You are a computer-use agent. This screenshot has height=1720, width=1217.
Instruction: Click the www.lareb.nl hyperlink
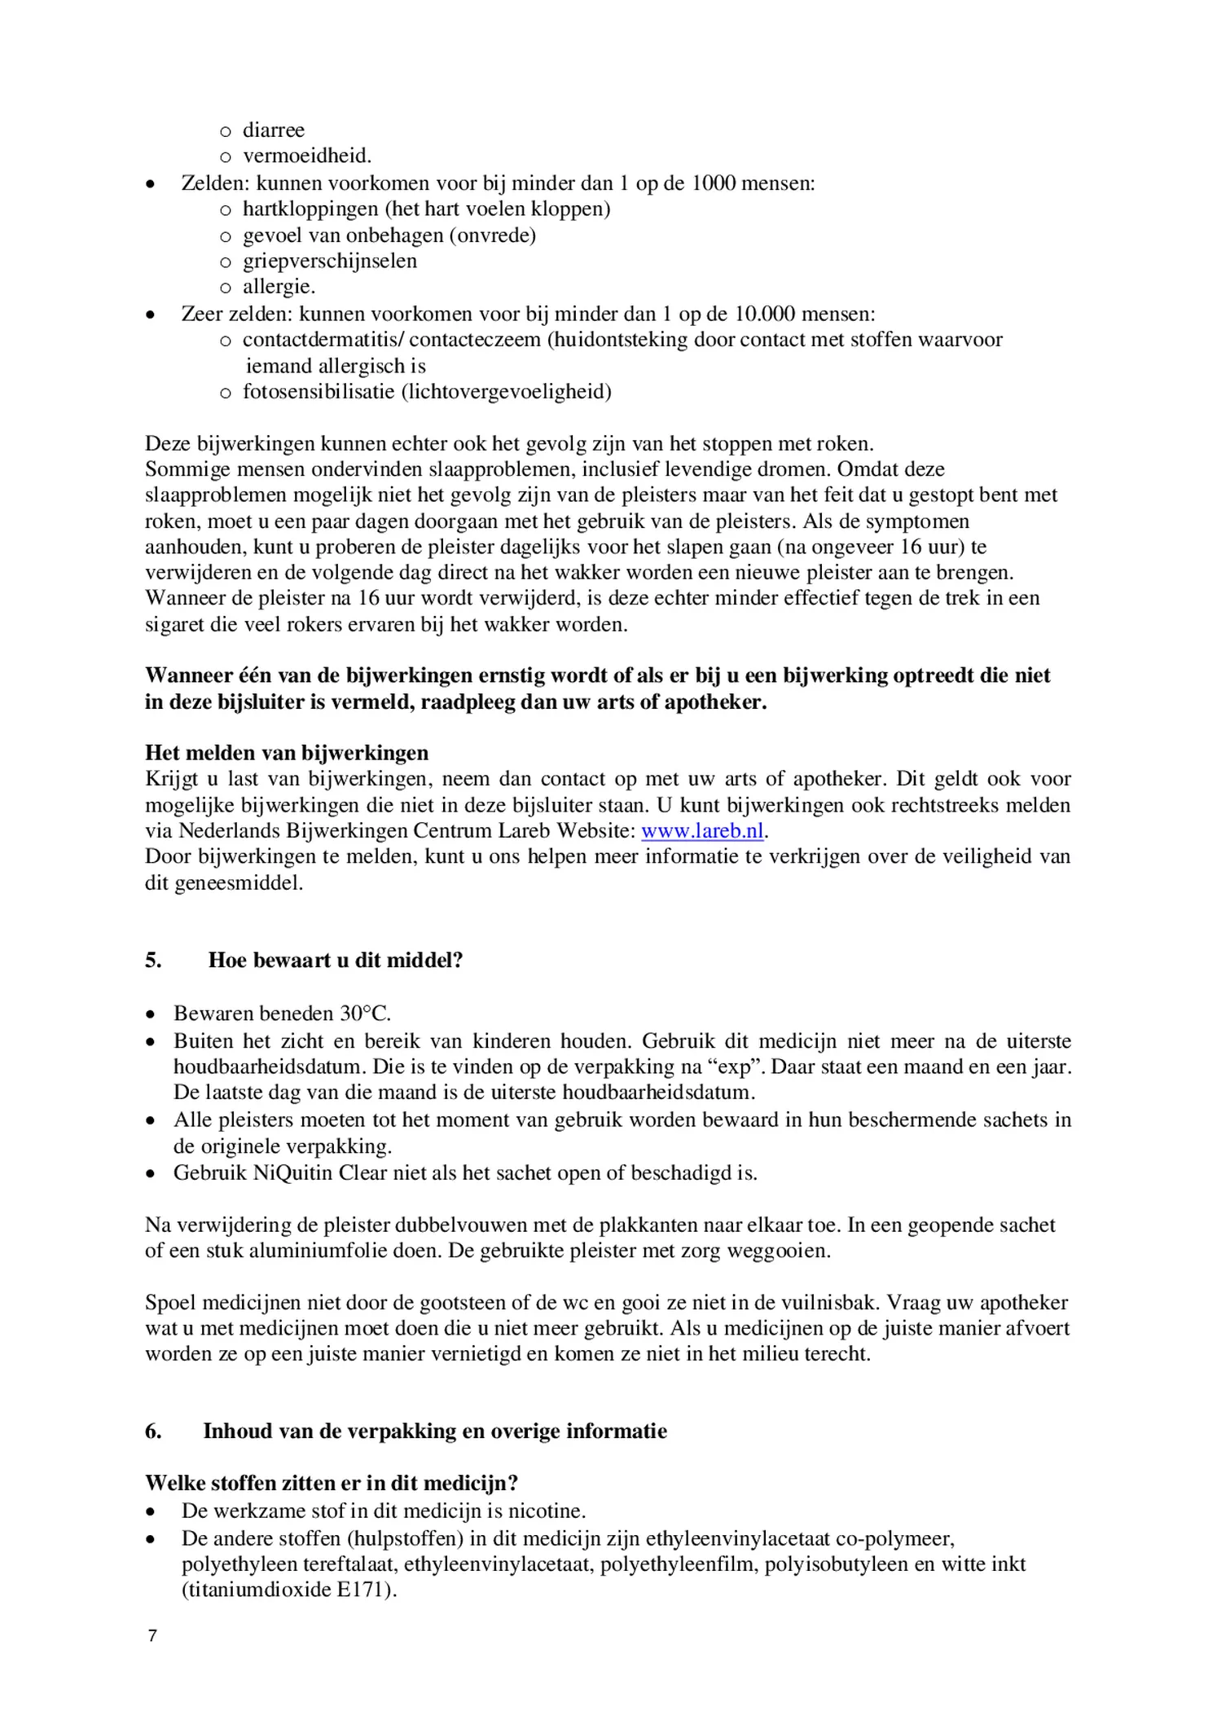pyautogui.click(x=702, y=831)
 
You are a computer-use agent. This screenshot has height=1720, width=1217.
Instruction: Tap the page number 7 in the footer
pyautogui.click(x=152, y=1636)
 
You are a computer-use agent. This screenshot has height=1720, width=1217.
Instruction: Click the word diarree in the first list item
pyautogui.click(x=273, y=130)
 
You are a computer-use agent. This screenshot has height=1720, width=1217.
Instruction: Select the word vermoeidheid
pyautogui.click(x=305, y=156)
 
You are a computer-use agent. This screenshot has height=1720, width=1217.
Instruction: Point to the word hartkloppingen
pyautogui.click(x=310, y=209)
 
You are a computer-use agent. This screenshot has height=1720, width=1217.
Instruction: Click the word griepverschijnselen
pyautogui.click(x=329, y=262)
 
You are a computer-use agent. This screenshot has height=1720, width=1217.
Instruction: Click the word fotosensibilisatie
pyautogui.click(x=319, y=392)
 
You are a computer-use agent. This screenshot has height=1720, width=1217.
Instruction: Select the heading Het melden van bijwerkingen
pyautogui.click(x=287, y=752)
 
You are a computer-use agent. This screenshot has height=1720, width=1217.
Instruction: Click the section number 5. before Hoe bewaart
pyautogui.click(x=153, y=960)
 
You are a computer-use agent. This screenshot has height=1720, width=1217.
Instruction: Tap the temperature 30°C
pyautogui.click(x=365, y=1014)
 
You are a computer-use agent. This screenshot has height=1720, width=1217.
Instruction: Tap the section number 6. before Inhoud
pyautogui.click(x=153, y=1432)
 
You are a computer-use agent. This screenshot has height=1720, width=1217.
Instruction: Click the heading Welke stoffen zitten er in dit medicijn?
pyautogui.click(x=332, y=1483)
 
